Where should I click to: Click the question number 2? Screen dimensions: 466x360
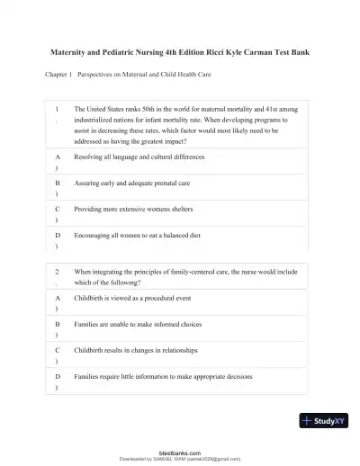point(58,270)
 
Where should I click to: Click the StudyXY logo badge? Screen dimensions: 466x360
point(323,419)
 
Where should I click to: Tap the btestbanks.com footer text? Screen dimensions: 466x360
point(179,453)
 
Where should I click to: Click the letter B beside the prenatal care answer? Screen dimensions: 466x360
point(58,183)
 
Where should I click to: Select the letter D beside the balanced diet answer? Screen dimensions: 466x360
point(58,233)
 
